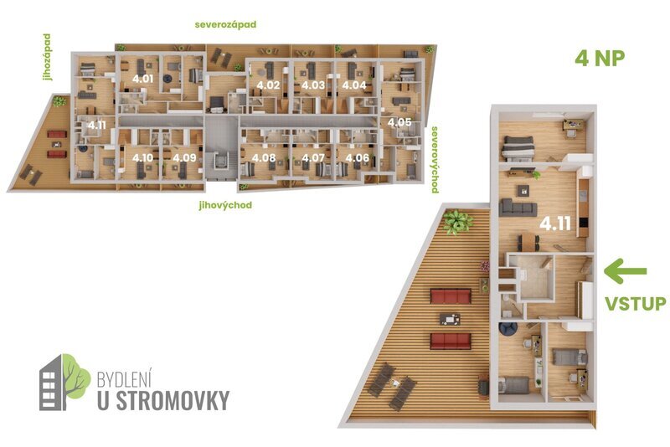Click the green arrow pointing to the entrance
(x=626, y=270)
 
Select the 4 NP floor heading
(x=600, y=58)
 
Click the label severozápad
(x=225, y=25)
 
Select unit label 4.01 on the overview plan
(x=142, y=80)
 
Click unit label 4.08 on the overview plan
(x=264, y=157)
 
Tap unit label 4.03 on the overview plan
(x=313, y=85)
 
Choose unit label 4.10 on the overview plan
(x=142, y=157)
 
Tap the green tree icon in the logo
(x=75, y=374)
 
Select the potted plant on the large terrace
(x=456, y=222)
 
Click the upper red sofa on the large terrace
(x=450, y=295)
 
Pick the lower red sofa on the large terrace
(x=450, y=340)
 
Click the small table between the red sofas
(x=451, y=317)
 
